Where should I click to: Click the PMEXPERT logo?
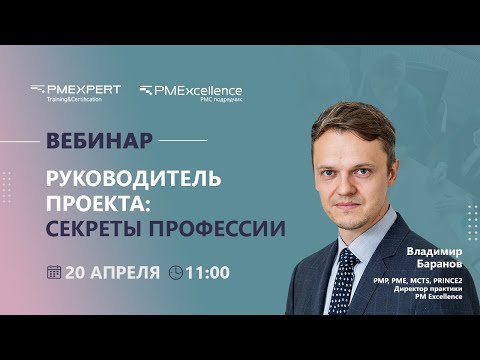[76, 90]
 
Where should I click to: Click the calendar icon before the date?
[54, 271]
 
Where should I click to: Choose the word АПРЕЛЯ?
[126, 271]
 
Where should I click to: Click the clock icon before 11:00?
[176, 271]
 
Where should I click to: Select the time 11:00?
[208, 271]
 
